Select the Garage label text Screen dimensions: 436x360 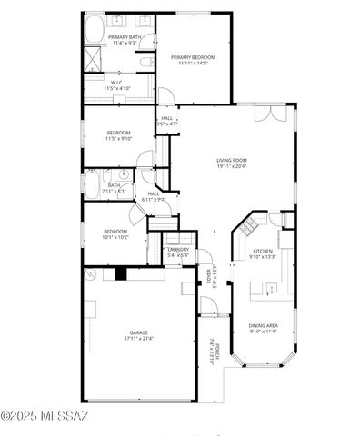(x=138, y=332)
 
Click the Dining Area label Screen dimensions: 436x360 (x=264, y=325)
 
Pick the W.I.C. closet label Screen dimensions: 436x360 (x=116, y=83)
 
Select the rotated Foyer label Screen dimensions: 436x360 (x=208, y=274)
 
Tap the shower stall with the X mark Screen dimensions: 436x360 (x=93, y=61)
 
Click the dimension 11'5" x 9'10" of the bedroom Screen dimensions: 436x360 (x=118, y=139)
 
